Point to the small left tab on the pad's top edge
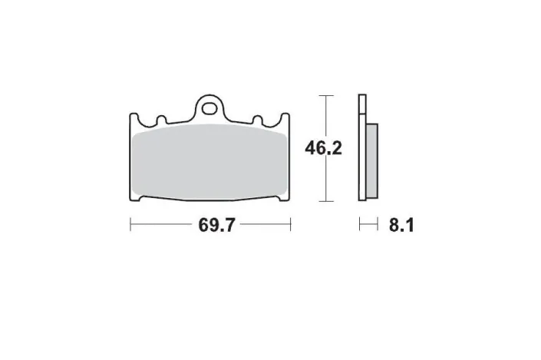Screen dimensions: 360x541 tap(161, 121)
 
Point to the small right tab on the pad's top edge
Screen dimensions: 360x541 tap(259, 121)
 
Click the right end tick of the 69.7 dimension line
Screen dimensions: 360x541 tap(291, 226)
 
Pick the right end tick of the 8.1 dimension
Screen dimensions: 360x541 tap(378, 226)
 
